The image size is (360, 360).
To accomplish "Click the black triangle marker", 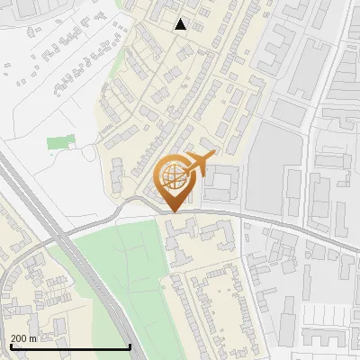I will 181,25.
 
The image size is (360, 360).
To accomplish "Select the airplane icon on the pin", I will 197,163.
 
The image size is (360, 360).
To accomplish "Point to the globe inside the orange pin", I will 174,176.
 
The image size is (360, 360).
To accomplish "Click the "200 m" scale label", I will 24,338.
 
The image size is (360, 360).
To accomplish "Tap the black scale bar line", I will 70,346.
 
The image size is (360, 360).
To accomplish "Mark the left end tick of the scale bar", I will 11,345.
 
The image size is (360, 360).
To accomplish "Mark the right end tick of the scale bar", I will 130,345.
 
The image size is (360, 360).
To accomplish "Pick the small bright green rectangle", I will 59,142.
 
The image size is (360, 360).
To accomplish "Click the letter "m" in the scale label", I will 34,338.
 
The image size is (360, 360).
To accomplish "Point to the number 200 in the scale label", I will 20,338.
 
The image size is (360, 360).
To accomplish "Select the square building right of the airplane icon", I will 221,184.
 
